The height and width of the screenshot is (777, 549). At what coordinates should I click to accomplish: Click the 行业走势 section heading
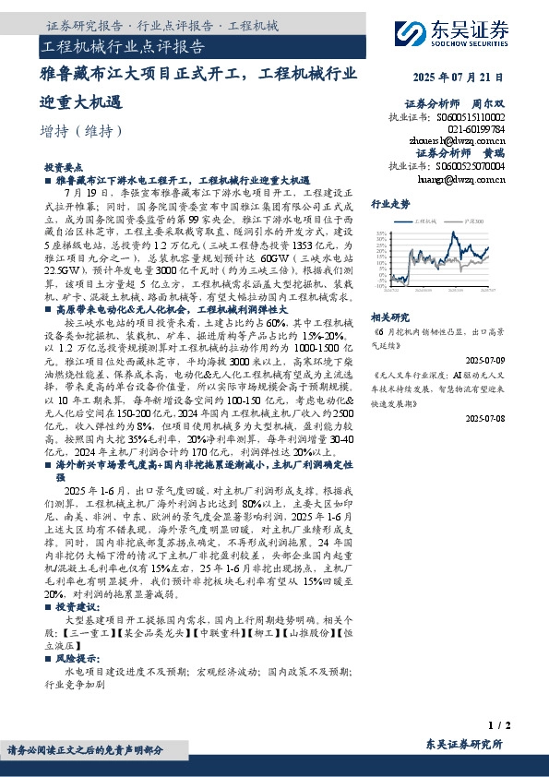tap(389, 203)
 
